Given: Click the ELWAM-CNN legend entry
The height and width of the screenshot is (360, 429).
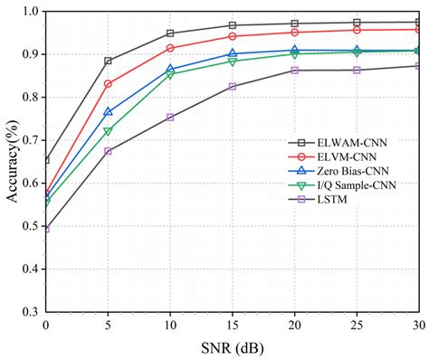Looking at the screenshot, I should coord(344,142).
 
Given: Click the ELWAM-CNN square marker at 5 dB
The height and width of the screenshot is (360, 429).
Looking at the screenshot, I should coord(108,61).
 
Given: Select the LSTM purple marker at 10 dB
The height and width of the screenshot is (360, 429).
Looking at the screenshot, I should coord(170,117).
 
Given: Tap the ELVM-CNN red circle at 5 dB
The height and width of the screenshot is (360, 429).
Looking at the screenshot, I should coord(108,83).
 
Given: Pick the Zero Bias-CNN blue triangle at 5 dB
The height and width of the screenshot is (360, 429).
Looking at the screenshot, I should coord(108,111).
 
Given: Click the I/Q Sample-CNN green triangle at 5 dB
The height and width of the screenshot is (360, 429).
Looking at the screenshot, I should coord(108,131).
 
